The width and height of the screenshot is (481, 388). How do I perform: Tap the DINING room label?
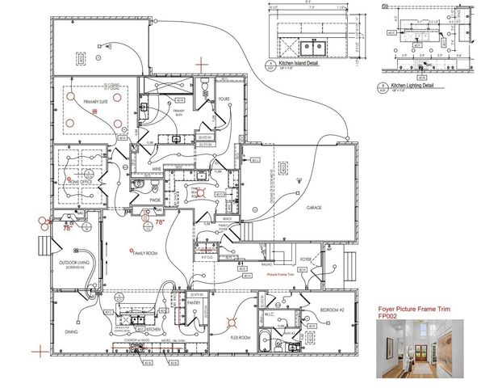click(71, 331)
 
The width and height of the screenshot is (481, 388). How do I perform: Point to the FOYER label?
click(306, 259)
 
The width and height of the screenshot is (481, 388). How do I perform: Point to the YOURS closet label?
click(224, 99)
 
